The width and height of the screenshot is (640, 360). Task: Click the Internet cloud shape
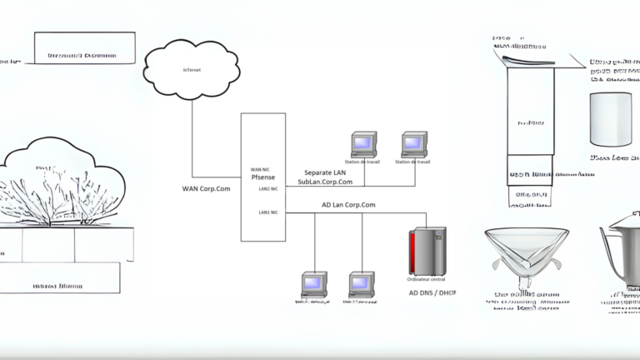click(x=192, y=70)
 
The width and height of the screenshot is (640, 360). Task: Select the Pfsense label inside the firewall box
click(x=263, y=177)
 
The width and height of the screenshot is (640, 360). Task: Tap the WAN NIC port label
click(x=261, y=169)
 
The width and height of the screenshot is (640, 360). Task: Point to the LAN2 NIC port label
click(x=268, y=188)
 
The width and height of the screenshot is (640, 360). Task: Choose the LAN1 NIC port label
click(x=268, y=212)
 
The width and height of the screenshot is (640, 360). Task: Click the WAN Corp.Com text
click(x=206, y=188)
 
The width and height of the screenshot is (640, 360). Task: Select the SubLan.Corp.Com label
click(x=325, y=182)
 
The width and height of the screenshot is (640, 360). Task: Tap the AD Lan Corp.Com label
click(x=348, y=204)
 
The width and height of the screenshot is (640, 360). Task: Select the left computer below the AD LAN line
click(x=314, y=284)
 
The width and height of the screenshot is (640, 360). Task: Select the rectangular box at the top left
click(x=84, y=47)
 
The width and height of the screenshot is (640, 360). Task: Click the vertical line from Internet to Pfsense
click(x=192, y=133)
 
